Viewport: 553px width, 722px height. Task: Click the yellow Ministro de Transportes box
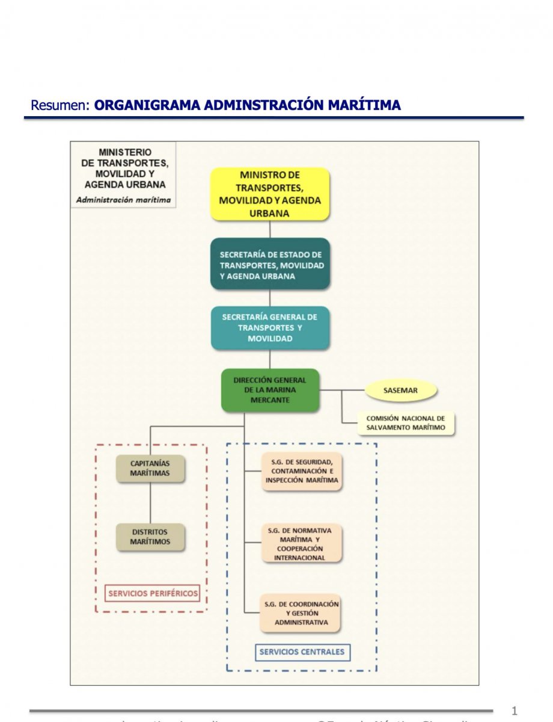click(x=270, y=194)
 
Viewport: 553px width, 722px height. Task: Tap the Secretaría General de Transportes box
click(x=270, y=328)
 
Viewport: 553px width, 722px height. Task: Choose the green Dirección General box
click(x=270, y=390)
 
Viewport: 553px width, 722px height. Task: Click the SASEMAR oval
click(x=400, y=390)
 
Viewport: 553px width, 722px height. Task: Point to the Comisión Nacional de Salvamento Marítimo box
click(x=406, y=423)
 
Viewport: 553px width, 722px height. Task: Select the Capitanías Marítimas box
click(x=150, y=469)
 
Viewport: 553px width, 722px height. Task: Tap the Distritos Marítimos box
click(x=150, y=537)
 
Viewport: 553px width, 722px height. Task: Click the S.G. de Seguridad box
click(x=302, y=471)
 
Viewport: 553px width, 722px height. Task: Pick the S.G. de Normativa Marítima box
click(x=302, y=544)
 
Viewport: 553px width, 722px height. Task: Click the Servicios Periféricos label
click(x=153, y=593)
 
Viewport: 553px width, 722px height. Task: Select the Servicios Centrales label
click(x=302, y=652)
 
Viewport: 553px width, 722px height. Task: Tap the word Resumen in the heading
click(x=60, y=106)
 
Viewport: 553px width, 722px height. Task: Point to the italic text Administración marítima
click(x=123, y=200)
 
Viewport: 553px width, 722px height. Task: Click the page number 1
click(x=514, y=711)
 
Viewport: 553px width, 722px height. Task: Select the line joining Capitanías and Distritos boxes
click(x=150, y=503)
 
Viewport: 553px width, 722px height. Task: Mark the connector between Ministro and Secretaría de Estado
click(x=270, y=229)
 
